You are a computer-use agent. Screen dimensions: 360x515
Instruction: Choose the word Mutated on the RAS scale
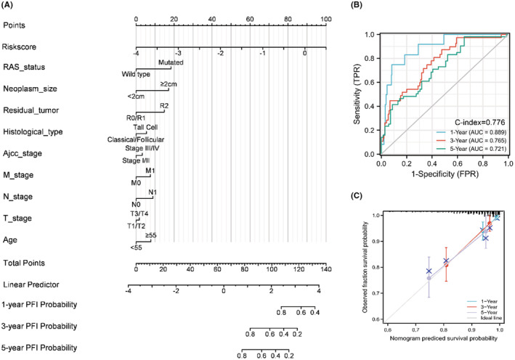pos(169,62)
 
